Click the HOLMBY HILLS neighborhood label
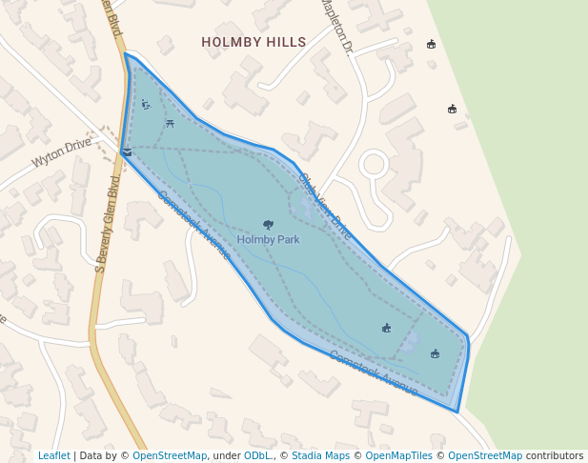[253, 42]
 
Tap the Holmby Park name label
[268, 240]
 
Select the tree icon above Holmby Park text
[268, 225]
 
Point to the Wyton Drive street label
[61, 152]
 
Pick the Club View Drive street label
[325, 206]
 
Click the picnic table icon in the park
[170, 122]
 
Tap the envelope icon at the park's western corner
[127, 151]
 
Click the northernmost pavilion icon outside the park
[431, 44]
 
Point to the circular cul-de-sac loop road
[373, 165]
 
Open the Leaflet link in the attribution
[54, 456]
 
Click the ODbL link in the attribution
[257, 456]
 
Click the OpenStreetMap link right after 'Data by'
[171, 456]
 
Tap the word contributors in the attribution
[555, 456]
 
